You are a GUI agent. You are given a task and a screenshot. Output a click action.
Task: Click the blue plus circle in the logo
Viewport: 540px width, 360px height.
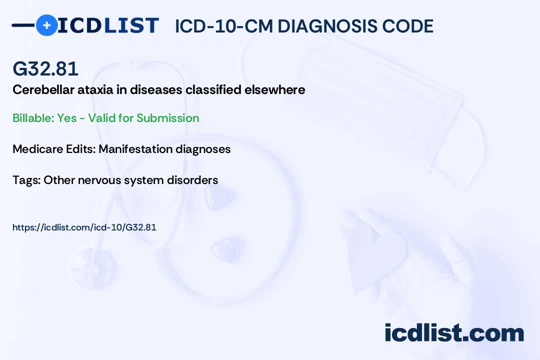[46, 25]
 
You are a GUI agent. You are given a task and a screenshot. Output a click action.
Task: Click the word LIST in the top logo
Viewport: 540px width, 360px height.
[131, 25]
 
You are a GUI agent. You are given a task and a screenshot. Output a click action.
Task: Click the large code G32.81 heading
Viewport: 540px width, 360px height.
[45, 68]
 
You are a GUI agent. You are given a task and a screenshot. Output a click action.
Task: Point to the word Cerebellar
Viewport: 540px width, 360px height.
[43, 89]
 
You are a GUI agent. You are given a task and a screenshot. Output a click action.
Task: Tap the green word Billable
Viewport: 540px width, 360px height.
[33, 118]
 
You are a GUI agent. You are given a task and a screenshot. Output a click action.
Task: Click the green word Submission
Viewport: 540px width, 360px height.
[167, 118]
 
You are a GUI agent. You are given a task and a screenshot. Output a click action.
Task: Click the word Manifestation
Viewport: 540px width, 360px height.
[135, 149]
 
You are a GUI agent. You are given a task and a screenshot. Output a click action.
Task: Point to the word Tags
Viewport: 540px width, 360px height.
[26, 180]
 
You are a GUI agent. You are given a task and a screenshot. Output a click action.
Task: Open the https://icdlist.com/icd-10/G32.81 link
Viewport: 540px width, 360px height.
[84, 227]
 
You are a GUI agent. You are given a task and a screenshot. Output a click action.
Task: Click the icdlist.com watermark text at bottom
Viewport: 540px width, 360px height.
[454, 332]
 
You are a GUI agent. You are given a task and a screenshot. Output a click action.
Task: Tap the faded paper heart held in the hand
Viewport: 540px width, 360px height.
[375, 255]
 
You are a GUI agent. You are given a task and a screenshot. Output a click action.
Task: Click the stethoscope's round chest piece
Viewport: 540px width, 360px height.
[93, 268]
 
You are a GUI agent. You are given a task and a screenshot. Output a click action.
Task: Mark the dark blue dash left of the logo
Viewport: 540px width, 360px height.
[23, 25]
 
